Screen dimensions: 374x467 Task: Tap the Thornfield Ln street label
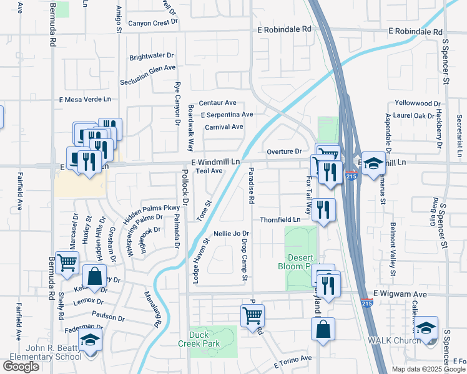280,219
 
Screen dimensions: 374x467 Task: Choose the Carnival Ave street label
224,127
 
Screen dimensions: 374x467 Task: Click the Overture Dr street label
284,151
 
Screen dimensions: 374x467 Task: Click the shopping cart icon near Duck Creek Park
252,315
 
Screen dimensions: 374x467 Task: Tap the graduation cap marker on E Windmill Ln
373,164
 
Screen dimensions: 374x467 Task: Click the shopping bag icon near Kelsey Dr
94,276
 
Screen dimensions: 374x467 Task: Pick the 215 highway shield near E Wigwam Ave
366,303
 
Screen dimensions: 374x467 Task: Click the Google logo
21,367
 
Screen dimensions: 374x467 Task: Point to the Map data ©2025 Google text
428,369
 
